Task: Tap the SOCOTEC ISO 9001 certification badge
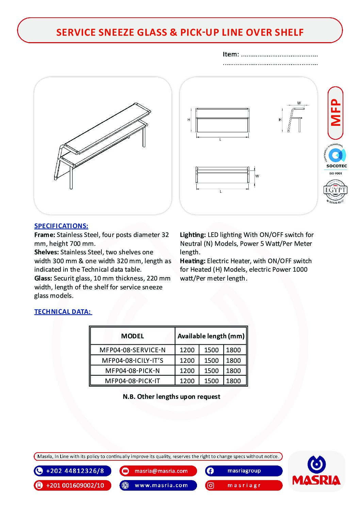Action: tap(336, 159)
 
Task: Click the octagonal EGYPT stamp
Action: tap(335, 191)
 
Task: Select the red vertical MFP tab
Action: tap(336, 113)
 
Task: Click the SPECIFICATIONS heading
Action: tap(61, 226)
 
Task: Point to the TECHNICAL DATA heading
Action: tap(63, 312)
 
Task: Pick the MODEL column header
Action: tap(132, 336)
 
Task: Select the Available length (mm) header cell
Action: tap(211, 336)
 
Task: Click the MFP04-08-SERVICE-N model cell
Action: tap(132, 350)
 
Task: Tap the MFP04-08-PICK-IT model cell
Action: tap(132, 381)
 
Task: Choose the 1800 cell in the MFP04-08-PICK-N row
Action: tap(233, 371)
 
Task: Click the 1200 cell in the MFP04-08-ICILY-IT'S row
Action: tap(187, 360)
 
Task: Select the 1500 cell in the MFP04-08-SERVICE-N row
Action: tap(211, 350)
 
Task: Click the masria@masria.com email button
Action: tap(158, 471)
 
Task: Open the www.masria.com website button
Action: tap(158, 485)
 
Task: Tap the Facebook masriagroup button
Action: tap(244, 471)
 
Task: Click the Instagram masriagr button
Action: tap(244, 485)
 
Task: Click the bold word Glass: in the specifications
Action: tap(43, 278)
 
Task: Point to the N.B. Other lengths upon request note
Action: tap(171, 396)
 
